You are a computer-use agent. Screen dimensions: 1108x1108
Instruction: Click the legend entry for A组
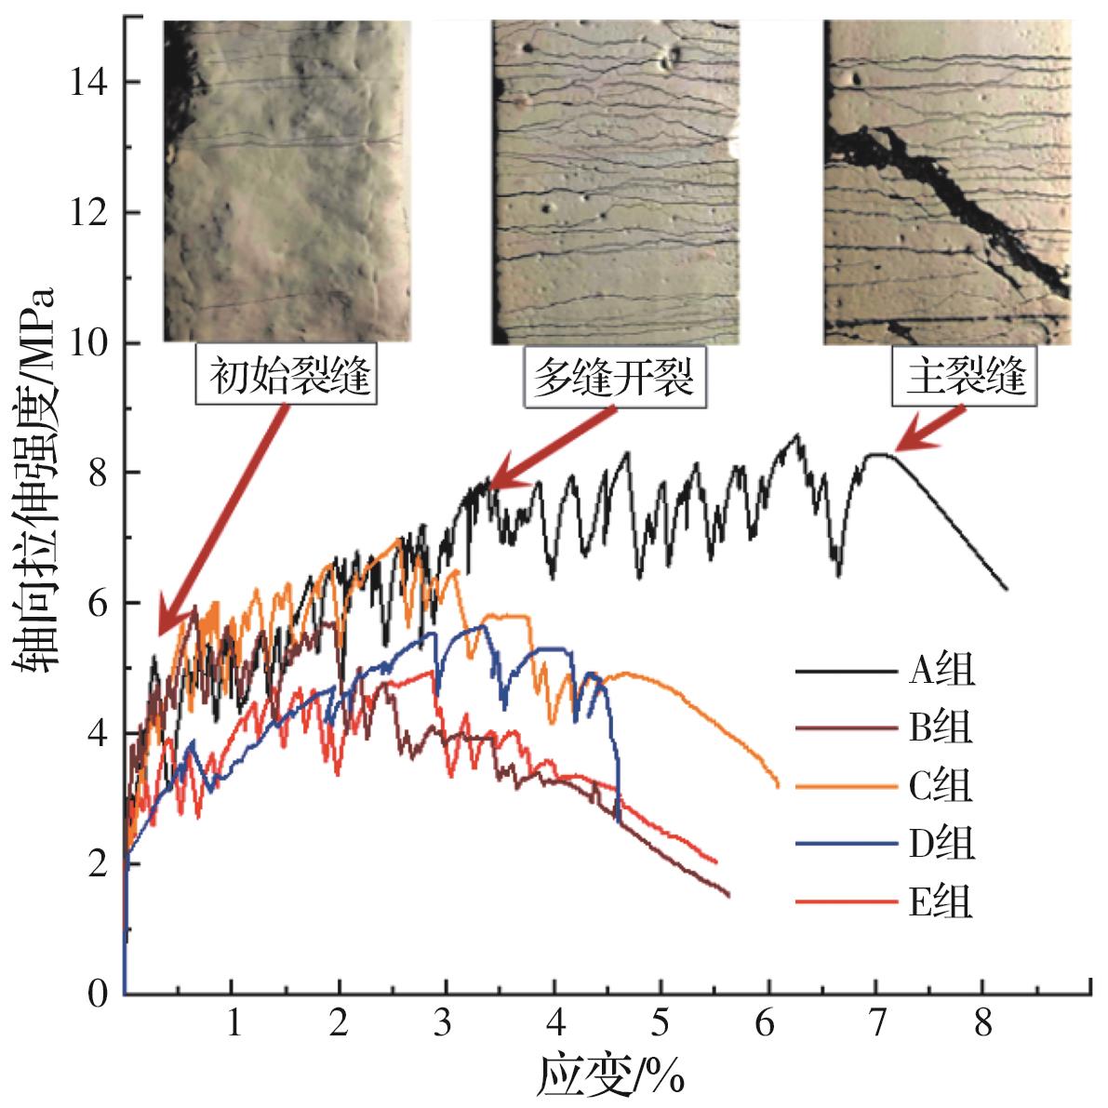941,670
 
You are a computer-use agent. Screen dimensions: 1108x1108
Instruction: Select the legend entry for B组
941,728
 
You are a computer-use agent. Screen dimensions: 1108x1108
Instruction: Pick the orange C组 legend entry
941,786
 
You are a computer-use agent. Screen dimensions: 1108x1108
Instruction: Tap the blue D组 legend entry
941,844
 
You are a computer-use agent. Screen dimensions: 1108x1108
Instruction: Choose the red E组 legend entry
941,901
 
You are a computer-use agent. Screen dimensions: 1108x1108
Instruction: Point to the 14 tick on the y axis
88,83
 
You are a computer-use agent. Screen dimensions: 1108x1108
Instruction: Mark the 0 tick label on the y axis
99,995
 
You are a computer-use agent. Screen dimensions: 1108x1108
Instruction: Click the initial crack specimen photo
287,181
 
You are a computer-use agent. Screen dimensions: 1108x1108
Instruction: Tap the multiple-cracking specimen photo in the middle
616,181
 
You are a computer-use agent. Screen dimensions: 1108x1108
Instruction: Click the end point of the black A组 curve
1006,589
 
